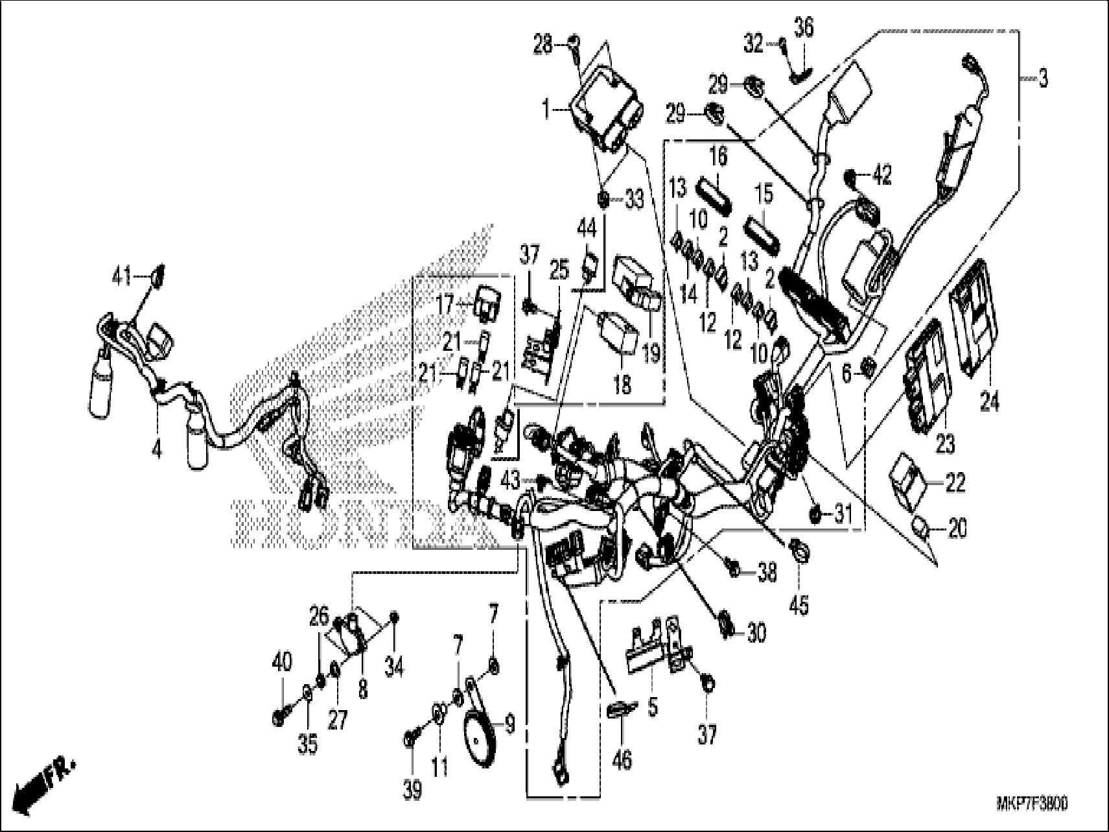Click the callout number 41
[121, 278]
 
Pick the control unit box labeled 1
[602, 113]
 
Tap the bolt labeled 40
[279, 718]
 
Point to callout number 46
[622, 759]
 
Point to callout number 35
[308, 744]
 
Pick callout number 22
[955, 483]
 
